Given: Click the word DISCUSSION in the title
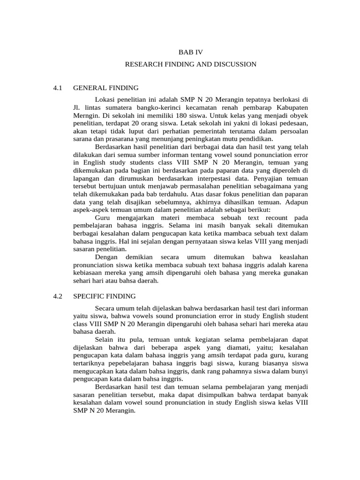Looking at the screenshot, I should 234,64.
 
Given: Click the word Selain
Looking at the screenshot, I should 105,339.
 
